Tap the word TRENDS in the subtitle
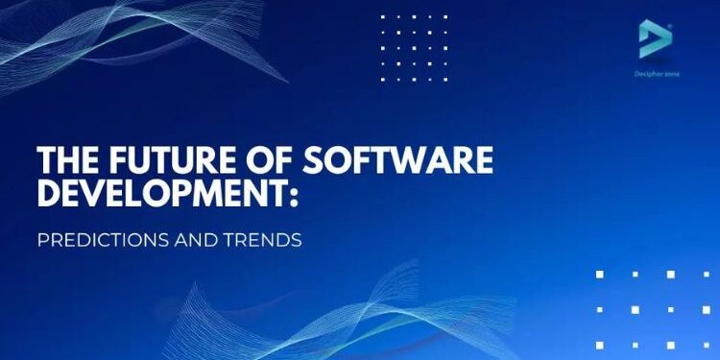[x=260, y=240]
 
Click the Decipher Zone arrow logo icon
[x=656, y=39]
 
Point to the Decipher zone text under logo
[x=657, y=74]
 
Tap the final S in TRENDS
[x=297, y=240]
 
